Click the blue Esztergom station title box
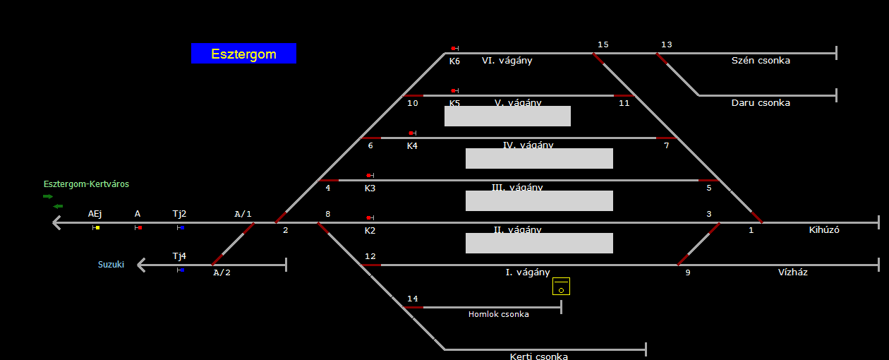coord(243,54)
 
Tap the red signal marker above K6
coord(454,49)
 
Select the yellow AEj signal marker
coord(96,227)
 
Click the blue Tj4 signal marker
coord(181,270)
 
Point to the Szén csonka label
coord(761,61)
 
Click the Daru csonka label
coord(761,103)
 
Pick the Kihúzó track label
coord(824,230)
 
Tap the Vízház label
coord(792,272)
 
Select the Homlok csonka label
coord(498,314)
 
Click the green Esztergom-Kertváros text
coord(86,184)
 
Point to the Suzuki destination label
coord(111,265)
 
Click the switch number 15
coord(603,45)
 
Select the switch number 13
coord(666,45)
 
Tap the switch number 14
coord(412,299)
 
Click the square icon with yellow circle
coord(561,286)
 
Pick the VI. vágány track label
coord(507,61)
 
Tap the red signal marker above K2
coord(369,218)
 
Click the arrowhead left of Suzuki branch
coord(142,265)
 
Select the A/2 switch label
coord(222,273)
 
